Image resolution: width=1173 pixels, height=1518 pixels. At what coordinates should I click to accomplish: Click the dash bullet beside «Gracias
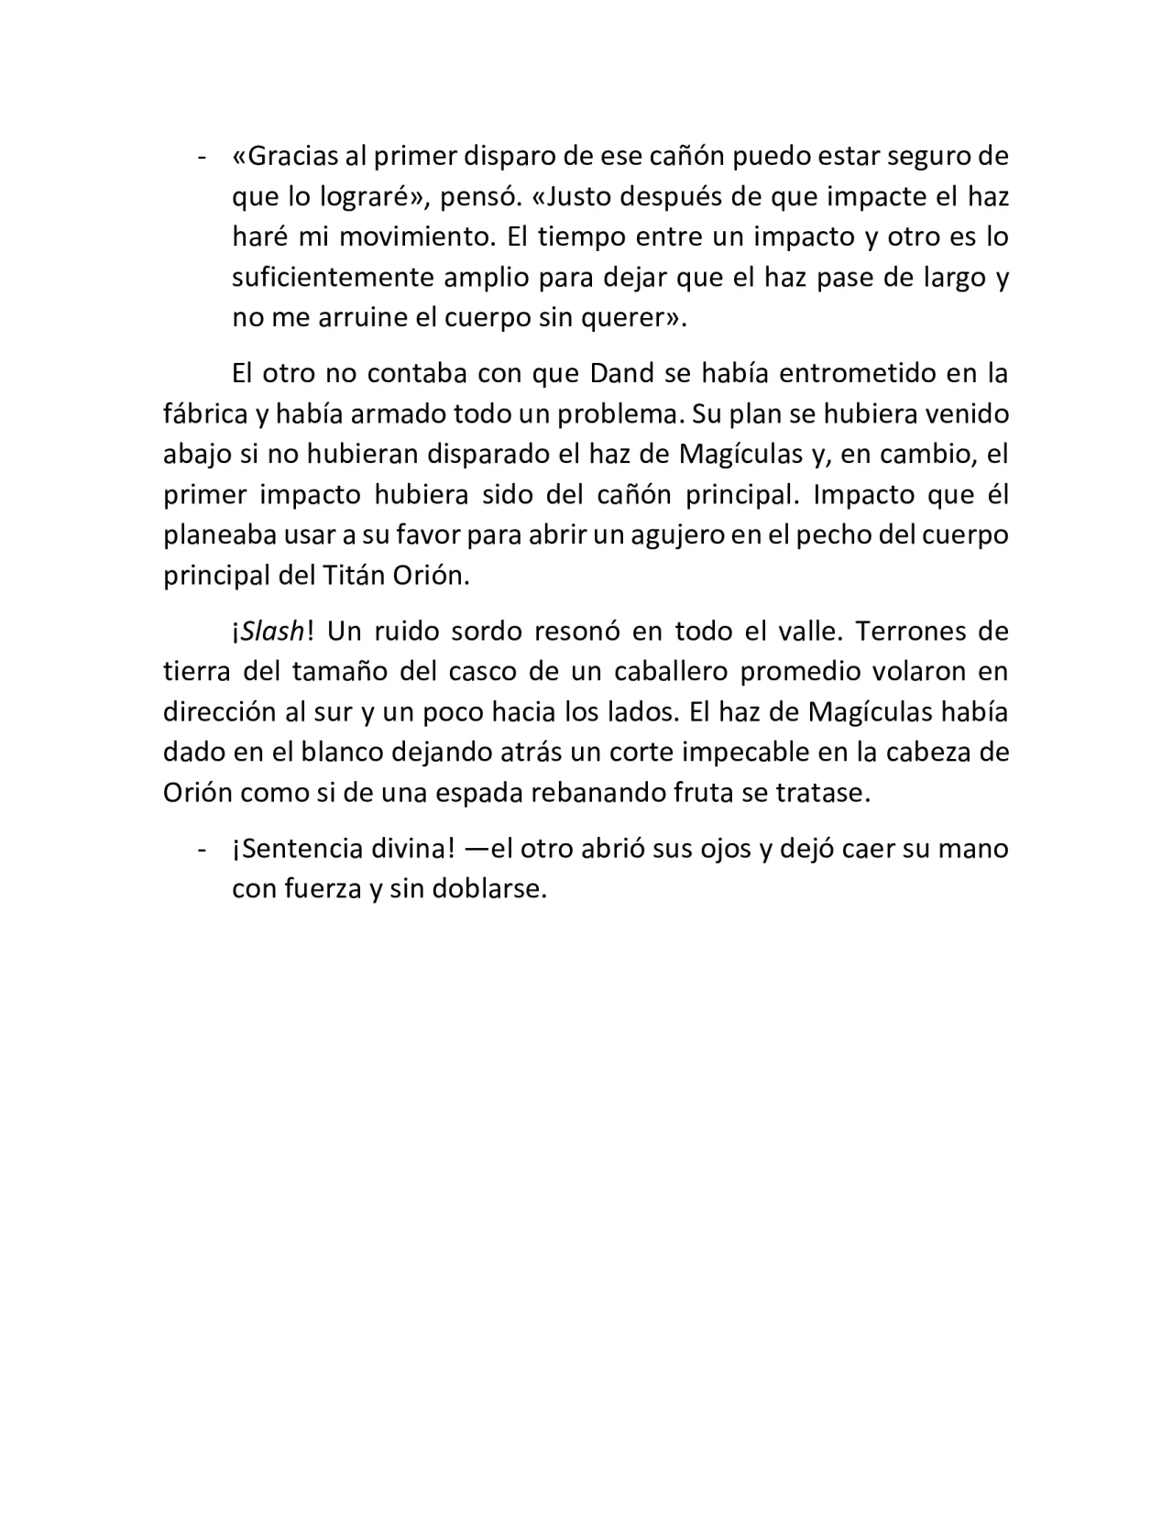point(201,157)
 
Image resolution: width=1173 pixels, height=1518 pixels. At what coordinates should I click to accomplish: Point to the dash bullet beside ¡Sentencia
point(201,850)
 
